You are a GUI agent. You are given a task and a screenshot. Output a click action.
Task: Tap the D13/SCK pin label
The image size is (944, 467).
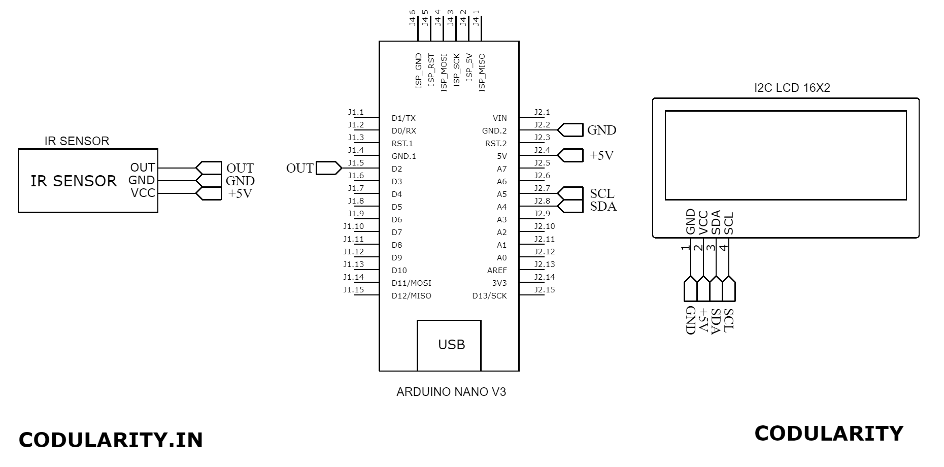489,296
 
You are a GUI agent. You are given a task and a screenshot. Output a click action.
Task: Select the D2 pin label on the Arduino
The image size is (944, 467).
397,169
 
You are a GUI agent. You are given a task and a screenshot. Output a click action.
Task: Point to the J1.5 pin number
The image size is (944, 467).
356,163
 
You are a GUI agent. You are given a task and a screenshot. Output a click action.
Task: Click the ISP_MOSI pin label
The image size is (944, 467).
444,73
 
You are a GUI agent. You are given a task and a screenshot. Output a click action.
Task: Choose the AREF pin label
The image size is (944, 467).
497,271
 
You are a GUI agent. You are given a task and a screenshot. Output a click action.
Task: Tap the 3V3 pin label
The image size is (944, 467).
499,283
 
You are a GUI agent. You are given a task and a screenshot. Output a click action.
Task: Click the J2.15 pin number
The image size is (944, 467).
545,290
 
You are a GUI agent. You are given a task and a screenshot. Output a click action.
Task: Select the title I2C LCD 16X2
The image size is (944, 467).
792,88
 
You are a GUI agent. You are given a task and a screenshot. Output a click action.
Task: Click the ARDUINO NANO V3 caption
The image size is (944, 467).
451,392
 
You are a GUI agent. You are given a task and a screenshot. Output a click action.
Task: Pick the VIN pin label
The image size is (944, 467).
499,118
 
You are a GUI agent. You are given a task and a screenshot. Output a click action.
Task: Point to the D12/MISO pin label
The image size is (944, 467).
411,296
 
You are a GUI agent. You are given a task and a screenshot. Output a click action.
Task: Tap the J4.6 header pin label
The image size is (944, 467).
413,18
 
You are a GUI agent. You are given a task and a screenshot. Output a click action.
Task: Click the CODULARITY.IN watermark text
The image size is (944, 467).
111,440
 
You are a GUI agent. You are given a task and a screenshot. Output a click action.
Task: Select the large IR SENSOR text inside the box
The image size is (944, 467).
74,181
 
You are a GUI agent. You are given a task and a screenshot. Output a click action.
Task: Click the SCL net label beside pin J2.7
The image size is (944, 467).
602,193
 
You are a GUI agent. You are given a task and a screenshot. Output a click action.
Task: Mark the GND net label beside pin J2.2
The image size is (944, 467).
601,130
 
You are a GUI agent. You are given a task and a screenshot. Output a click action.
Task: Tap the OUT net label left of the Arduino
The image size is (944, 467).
299,169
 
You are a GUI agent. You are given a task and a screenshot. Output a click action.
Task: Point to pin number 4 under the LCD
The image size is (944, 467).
724,248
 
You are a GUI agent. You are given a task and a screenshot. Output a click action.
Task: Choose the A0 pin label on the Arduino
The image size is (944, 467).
501,258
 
